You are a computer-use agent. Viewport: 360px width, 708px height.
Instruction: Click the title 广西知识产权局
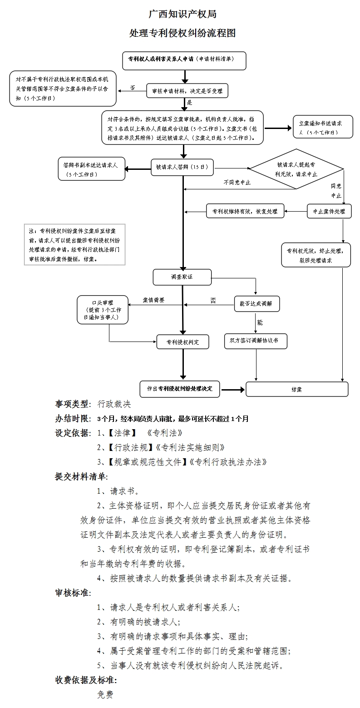pos(182,14)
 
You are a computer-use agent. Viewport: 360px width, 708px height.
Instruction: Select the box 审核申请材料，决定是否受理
pos(187,91)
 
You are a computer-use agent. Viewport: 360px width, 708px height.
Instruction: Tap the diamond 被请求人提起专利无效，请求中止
pos(297,169)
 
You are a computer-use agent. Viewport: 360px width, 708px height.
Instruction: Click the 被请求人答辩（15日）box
pos(182,167)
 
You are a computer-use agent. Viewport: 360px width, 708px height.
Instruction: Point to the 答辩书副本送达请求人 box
pos(91,168)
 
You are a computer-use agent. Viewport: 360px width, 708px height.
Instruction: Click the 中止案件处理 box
pos(329,211)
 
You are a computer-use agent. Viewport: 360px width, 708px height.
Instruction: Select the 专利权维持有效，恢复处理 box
pos(245,211)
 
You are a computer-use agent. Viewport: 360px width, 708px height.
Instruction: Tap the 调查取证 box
pos(182,277)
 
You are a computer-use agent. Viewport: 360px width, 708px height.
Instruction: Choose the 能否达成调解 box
pos(256,304)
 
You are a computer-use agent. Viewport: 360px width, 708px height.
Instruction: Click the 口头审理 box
pos(102,310)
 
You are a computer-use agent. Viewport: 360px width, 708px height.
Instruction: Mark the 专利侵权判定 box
pos(183,342)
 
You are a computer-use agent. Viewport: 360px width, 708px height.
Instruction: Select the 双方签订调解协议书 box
pos(256,341)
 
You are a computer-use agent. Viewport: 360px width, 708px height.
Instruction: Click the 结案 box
pos(297,389)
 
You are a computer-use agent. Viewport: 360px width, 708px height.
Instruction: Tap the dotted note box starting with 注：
pos(75,244)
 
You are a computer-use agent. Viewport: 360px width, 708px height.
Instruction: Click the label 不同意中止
pos(237,183)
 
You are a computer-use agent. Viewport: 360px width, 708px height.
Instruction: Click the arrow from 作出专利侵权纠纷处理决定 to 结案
pos(232,389)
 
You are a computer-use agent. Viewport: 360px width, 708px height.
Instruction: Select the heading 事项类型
pos(72,404)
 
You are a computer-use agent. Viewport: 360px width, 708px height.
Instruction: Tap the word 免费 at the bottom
pos(105,694)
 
